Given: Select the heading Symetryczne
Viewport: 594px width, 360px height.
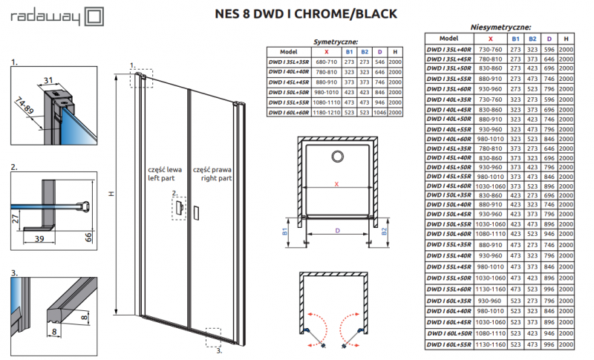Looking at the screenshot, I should coord(336,42).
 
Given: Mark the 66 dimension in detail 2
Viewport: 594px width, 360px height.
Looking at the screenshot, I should coord(88,236).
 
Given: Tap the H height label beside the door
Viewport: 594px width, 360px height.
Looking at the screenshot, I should coord(111,194).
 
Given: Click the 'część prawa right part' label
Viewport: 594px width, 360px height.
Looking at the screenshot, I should coord(212,174).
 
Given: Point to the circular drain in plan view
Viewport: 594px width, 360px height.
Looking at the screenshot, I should coord(338,157).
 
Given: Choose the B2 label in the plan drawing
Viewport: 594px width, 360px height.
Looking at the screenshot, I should coord(385,231).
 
